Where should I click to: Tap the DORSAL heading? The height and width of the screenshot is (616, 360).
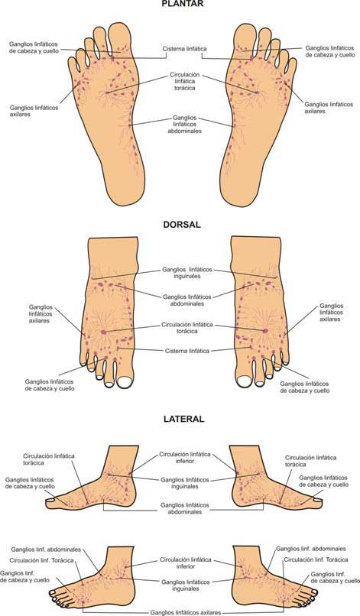pos(182,225)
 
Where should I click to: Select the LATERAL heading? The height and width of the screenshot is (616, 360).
pos(184,419)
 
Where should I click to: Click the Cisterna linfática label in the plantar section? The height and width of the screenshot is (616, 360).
pos(184,49)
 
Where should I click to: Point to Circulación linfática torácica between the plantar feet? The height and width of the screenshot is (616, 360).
pos(185,81)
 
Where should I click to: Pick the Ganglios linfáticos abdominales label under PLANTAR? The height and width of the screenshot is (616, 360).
pos(185,124)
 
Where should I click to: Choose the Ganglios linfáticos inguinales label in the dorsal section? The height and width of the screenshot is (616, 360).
pos(187,273)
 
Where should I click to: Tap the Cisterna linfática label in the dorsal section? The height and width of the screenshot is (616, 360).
pos(186,351)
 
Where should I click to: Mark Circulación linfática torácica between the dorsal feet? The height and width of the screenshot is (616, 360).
pos(187,328)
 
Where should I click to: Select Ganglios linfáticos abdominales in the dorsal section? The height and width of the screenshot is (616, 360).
pos(187,300)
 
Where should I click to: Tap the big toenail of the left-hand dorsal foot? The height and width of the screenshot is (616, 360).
pos(125,381)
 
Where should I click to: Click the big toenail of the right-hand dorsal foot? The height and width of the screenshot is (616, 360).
pos(244,381)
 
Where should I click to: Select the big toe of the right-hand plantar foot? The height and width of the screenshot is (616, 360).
pos(245,38)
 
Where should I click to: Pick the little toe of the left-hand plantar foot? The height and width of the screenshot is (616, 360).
pos(73,64)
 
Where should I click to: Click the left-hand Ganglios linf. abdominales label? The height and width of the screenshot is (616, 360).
pos(46,550)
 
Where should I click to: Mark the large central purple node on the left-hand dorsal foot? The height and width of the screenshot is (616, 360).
pos(103,332)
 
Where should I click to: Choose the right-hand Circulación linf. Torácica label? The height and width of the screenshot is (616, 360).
pos(316,559)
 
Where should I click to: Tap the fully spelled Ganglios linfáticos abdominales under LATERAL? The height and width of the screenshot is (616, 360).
pos(185,508)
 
